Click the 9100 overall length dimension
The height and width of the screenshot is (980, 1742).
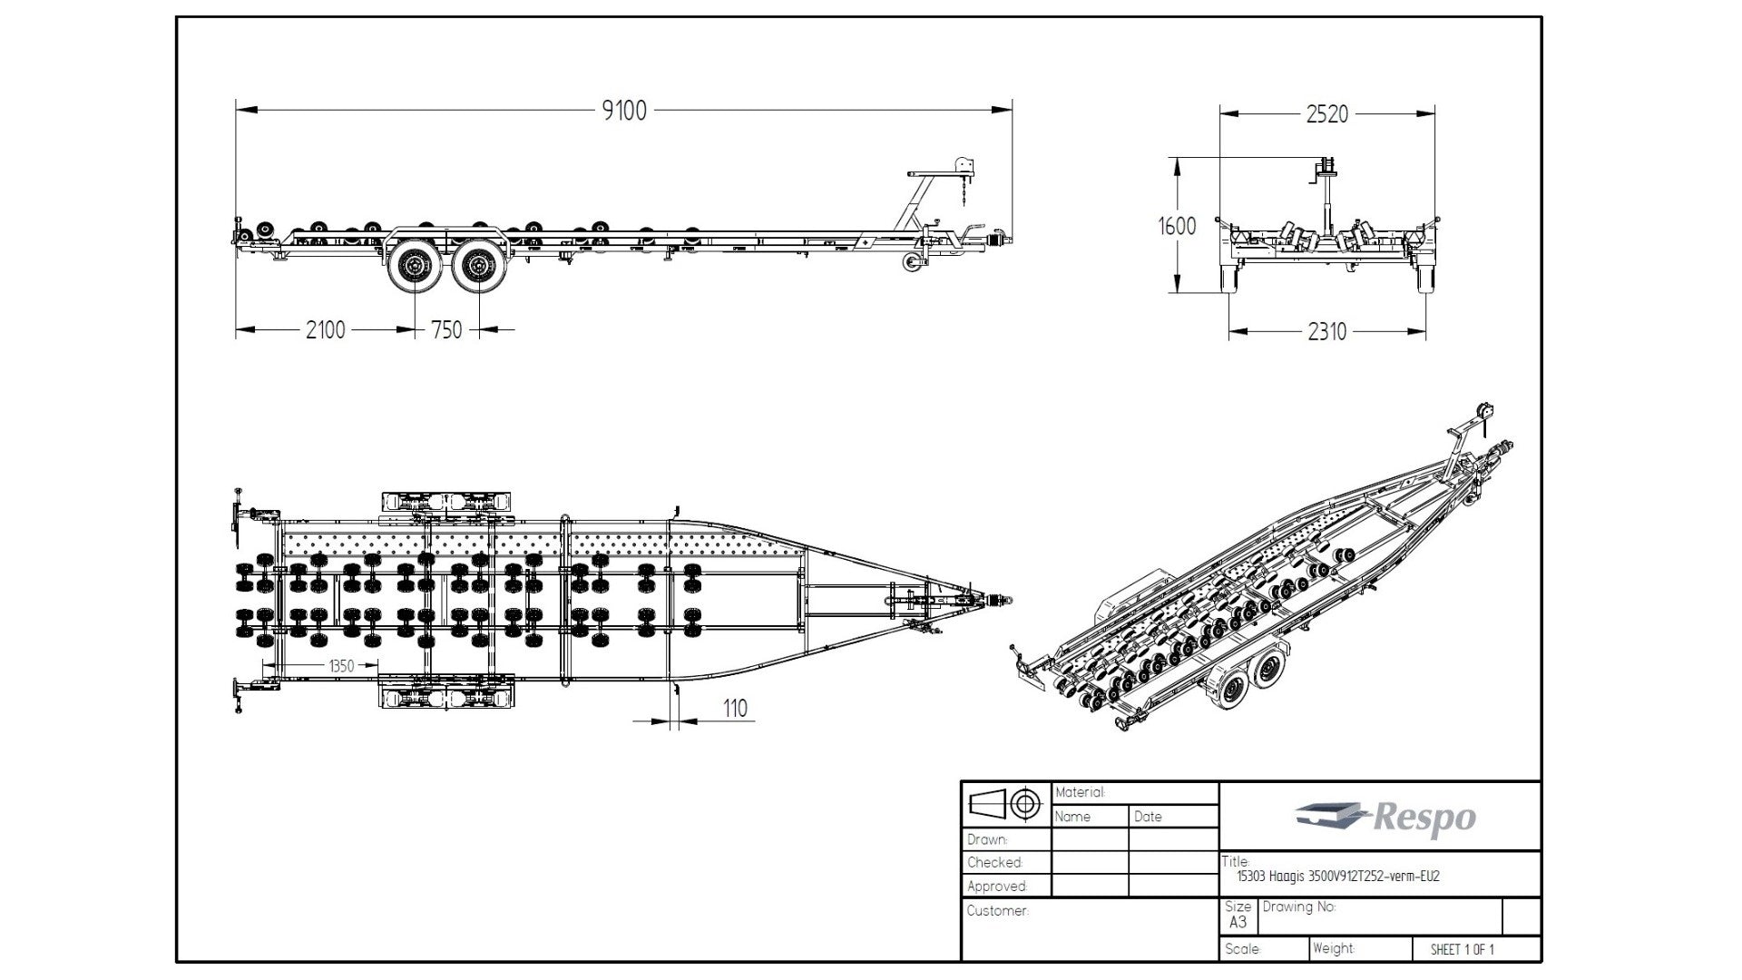pos(624,111)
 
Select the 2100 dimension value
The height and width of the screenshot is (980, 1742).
pos(325,329)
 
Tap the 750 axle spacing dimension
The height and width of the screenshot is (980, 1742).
pos(446,329)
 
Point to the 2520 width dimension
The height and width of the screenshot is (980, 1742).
pos(1326,114)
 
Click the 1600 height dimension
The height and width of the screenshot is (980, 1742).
pos(1177,226)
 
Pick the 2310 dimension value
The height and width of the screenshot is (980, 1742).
pos(1326,332)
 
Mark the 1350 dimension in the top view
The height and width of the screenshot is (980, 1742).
pos(341,666)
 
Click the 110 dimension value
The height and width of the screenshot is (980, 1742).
pos(737,708)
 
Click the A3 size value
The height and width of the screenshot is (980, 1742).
pos(1238,922)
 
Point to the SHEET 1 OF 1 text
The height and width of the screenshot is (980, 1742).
pos(1462,949)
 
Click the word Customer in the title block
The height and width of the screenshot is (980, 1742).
pos(997,910)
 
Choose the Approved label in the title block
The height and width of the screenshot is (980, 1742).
pos(997,886)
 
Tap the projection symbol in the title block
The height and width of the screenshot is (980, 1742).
pos(1005,803)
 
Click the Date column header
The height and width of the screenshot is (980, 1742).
pos(1148,817)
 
